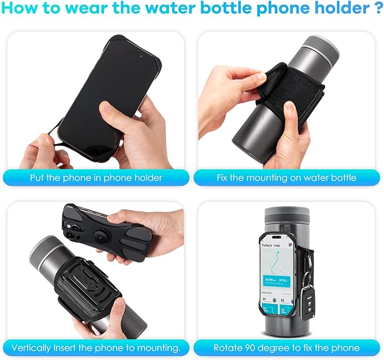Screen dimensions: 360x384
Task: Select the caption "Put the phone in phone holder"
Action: [96, 178]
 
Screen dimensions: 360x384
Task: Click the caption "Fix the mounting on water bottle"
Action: [286, 178]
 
